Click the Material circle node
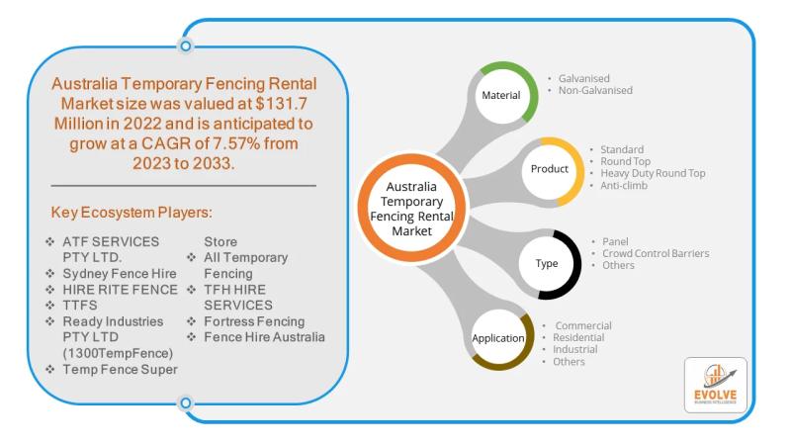point(500,96)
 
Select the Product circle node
point(550,169)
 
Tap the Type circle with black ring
point(547,264)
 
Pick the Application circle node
point(498,338)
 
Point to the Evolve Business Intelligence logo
point(715,385)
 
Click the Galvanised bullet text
point(583,78)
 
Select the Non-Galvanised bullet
point(595,90)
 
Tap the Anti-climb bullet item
point(624,185)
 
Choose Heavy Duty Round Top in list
point(653,173)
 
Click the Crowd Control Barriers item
point(656,253)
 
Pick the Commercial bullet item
point(583,325)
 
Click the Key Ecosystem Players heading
point(132,213)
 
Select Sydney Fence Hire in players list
point(120,272)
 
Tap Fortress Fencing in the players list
point(254,321)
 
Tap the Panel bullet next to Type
point(615,241)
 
